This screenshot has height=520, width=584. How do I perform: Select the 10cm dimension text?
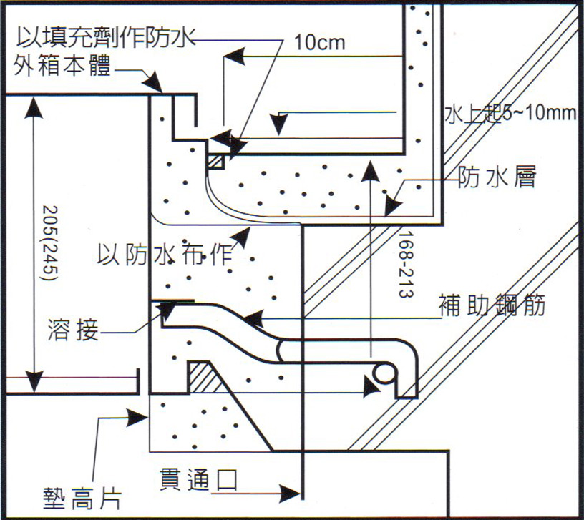tap(319, 42)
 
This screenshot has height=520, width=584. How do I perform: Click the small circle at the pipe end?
tap(384, 372)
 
